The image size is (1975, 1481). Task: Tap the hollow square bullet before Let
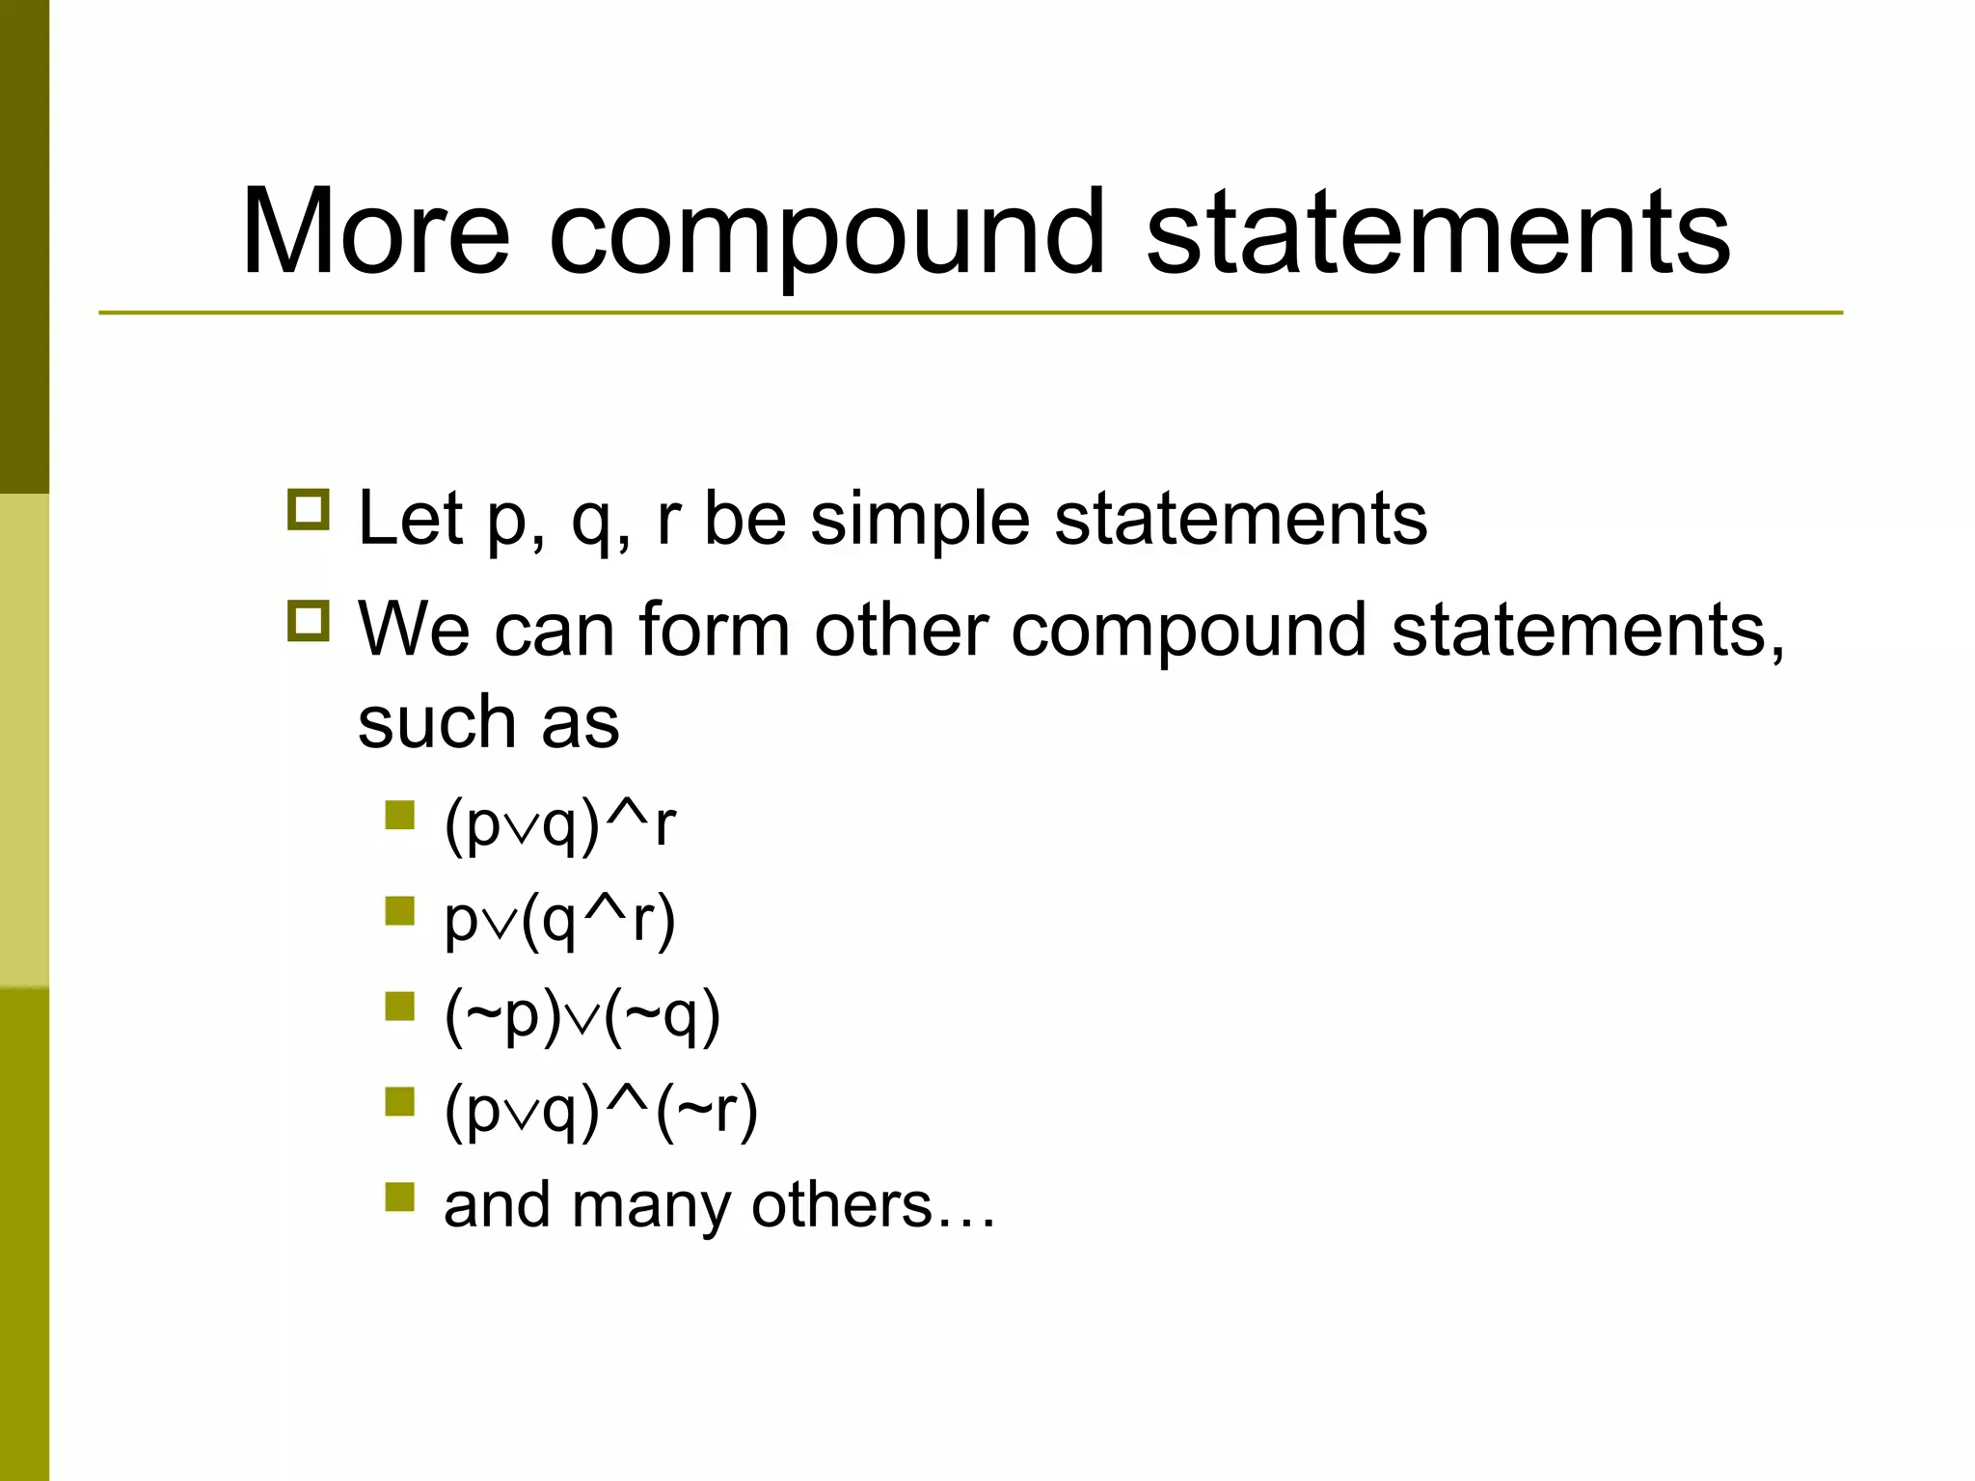[309, 509]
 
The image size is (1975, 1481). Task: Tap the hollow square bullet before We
[309, 621]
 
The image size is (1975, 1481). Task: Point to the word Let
[410, 519]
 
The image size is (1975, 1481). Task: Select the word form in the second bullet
[714, 630]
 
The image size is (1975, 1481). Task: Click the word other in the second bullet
[902, 630]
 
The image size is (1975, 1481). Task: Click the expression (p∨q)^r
[559, 825]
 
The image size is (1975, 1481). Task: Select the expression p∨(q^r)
[559, 921]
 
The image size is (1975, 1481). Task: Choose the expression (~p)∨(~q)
[582, 1016]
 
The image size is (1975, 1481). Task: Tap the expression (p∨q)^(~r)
[601, 1112]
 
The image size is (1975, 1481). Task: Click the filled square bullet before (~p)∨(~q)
[399, 1007]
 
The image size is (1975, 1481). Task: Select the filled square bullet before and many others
[399, 1197]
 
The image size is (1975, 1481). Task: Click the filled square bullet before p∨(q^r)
[399, 911]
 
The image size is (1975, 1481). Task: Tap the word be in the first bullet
[745, 519]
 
